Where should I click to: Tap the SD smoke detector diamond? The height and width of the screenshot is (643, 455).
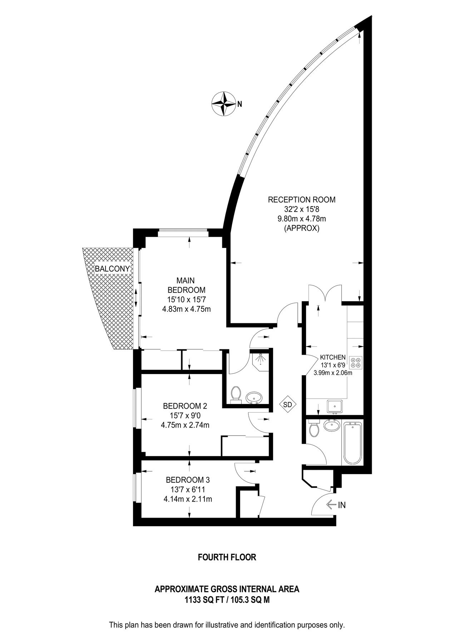point(288,405)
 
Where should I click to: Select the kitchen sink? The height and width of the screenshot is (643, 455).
point(335,406)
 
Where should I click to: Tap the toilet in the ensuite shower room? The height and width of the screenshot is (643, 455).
point(236,394)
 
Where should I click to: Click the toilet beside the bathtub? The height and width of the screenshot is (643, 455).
point(314,429)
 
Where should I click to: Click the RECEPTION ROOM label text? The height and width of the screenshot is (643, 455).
point(302,200)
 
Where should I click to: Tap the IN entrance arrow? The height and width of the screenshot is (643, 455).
point(336,505)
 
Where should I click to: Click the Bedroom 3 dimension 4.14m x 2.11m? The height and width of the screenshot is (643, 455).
point(188,499)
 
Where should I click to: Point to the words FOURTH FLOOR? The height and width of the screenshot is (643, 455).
point(227,557)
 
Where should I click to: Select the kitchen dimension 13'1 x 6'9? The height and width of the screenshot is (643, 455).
point(333,365)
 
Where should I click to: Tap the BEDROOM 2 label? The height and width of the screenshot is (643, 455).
point(185,406)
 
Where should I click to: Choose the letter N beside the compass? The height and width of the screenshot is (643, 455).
point(240,104)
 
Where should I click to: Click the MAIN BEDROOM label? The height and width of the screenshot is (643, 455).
point(186,285)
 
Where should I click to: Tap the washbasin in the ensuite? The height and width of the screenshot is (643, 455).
point(254,397)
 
